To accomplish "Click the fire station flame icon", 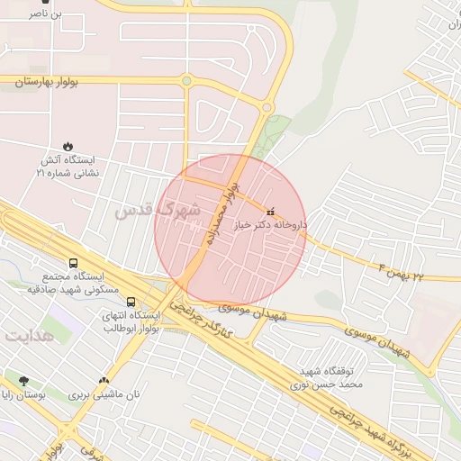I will click(68, 146).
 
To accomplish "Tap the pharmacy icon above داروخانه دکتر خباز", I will click(271, 211).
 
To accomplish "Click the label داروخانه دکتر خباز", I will click(271, 224).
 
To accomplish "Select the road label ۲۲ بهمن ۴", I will click(400, 270).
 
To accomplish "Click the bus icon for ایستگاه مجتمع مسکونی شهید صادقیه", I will click(73, 263).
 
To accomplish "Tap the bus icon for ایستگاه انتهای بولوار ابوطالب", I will click(131, 302).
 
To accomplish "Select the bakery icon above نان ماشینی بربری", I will click(104, 380).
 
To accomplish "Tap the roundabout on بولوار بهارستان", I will click(186, 81).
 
